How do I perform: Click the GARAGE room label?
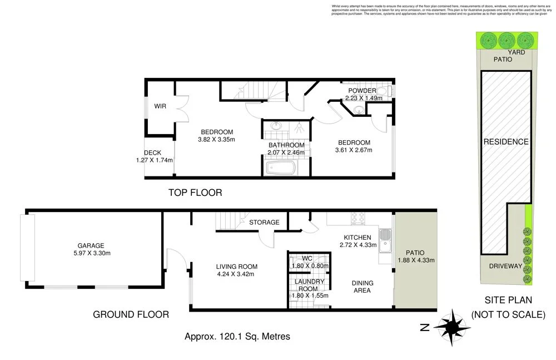point(91,245)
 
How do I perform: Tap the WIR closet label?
point(161,105)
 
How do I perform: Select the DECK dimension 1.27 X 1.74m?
point(155,160)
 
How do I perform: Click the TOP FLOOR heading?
point(195,193)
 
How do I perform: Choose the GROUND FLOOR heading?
point(131,314)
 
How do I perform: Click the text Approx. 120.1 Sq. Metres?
point(237,336)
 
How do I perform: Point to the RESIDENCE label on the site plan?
point(505,141)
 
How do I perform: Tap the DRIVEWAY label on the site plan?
point(505,266)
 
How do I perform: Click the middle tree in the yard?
point(507,40)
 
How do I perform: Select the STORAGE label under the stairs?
point(264,223)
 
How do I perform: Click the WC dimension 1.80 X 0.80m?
point(310,266)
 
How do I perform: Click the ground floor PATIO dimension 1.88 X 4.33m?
point(416,259)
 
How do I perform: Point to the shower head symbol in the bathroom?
point(299,127)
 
